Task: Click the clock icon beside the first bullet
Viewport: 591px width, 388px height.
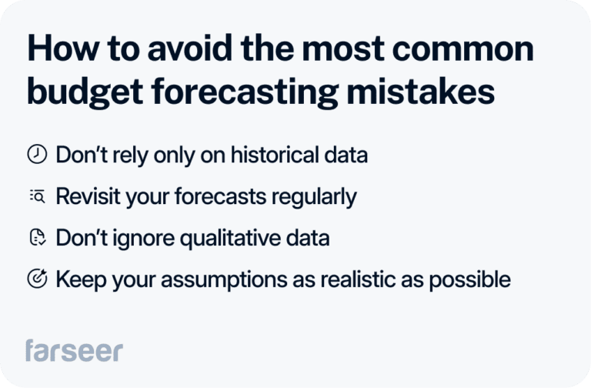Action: pos(37,155)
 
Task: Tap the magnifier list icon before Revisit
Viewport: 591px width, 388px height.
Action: pos(37,196)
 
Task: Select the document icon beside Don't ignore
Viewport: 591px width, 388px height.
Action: pos(37,238)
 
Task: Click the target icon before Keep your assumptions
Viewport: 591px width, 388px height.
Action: pos(37,279)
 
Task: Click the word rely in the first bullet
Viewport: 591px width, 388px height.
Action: pos(132,155)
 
